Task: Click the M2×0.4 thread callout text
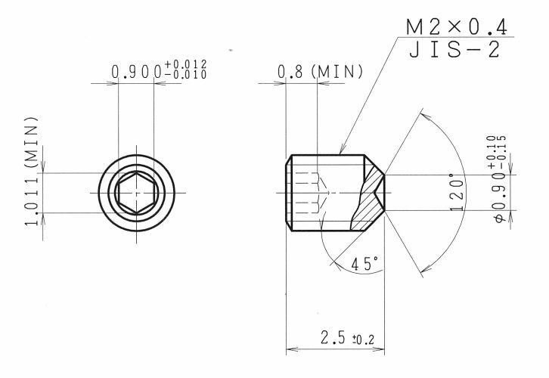457,27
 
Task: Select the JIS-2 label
454,50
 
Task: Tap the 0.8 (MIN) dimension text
321,71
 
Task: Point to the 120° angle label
457,192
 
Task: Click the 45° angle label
364,264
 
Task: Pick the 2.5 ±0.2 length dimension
347,338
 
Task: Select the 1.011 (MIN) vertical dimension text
31,171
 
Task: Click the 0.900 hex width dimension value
137,72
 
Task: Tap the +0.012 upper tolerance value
185,64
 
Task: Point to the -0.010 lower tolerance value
185,74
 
